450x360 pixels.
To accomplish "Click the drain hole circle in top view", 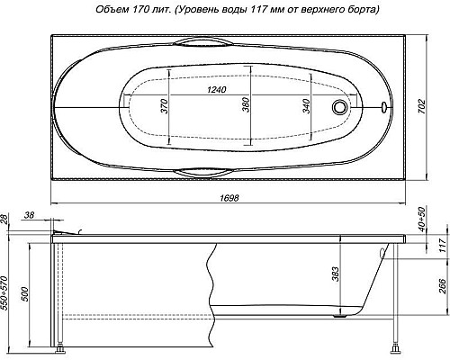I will (x=340, y=107).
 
